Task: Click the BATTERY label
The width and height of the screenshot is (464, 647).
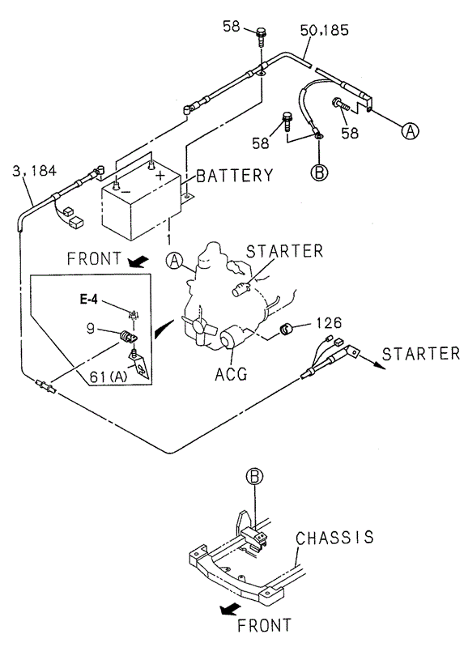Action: click(235, 176)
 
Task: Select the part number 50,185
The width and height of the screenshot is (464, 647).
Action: click(324, 30)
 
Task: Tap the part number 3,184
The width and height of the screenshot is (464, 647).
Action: click(34, 170)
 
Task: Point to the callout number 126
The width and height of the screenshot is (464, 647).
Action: click(329, 322)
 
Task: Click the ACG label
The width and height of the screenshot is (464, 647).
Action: click(231, 373)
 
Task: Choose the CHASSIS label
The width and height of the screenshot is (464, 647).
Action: click(334, 538)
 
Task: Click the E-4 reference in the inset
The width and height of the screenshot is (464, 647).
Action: click(89, 299)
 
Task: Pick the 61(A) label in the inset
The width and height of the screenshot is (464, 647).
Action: click(109, 377)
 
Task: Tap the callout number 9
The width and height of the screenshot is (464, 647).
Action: click(91, 329)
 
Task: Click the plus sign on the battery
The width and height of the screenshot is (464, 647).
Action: click(160, 175)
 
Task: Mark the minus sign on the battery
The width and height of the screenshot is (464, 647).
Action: click(126, 191)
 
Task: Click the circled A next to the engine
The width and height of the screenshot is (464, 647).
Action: click(174, 261)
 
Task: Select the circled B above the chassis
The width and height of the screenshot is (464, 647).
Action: click(254, 477)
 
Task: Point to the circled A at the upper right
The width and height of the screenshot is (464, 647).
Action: click(410, 131)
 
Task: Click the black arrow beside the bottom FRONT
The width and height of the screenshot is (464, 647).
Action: click(230, 609)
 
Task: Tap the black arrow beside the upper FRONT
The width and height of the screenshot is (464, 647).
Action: click(138, 261)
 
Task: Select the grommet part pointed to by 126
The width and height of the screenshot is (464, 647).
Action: click(285, 329)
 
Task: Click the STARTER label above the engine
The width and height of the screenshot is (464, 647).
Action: click(284, 251)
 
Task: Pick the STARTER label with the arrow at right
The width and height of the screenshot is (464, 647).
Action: click(420, 354)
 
